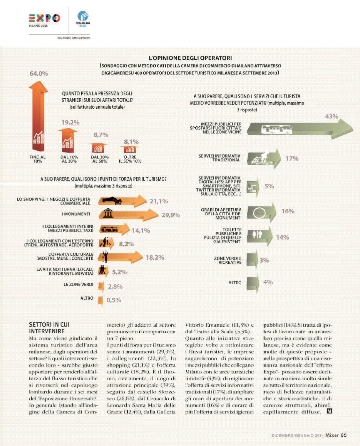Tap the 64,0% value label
(39, 73)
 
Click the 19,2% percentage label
(70, 122)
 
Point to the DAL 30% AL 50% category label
(100, 159)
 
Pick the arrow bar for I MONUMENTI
(128, 214)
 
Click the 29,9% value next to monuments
(170, 215)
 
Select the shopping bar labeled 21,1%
(121, 201)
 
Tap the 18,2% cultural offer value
(155, 257)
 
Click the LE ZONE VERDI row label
(78, 284)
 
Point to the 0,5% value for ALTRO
(114, 300)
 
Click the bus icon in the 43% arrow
(277, 130)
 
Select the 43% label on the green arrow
(331, 116)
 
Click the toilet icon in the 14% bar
(257, 235)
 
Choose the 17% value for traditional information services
(292, 159)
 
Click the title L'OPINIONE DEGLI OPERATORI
(190, 58)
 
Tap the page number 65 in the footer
(343, 435)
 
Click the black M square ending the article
(329, 411)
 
